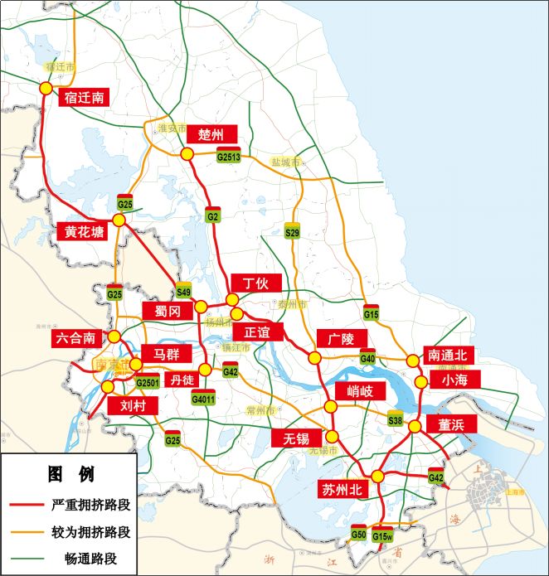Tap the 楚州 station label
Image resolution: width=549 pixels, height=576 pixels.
coord(211,134)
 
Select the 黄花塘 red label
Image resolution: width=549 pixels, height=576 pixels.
coord(84,232)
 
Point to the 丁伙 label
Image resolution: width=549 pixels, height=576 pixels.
coord(255,283)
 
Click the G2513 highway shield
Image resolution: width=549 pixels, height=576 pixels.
coord(228,157)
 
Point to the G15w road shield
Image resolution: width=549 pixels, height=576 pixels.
coord(382,535)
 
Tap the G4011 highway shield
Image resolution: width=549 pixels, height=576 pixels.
coord(203,398)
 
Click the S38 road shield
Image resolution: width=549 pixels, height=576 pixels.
coord(396,421)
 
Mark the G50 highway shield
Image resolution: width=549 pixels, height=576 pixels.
coord(358,534)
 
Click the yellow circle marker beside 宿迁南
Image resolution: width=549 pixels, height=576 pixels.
coord(46,88)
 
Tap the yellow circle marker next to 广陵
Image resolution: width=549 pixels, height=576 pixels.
coord(315,357)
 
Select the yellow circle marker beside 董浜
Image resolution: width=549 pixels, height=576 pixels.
coord(414,428)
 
